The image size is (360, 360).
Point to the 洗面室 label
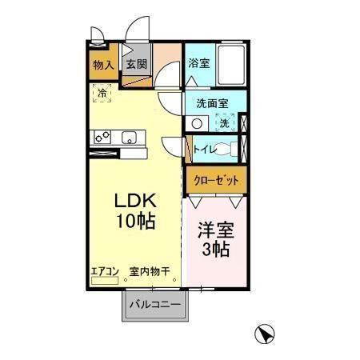coord(212,103)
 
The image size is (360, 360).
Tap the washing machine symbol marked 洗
coord(226,123)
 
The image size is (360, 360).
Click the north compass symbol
coord(264,334)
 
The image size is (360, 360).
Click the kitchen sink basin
coord(129,138)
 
